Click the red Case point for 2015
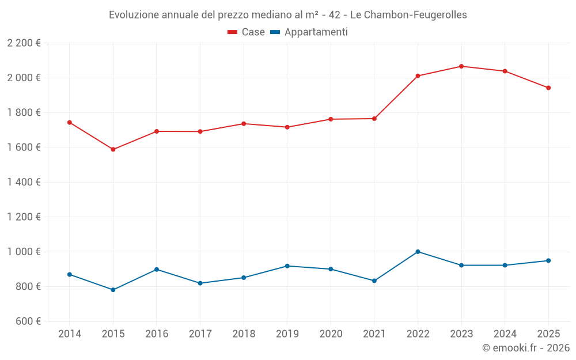(113, 149)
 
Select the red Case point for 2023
(461, 66)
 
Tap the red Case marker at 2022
(418, 76)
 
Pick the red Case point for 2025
(548, 88)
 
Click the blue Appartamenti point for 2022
(418, 252)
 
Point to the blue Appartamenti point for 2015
(113, 290)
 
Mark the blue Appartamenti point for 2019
(287, 266)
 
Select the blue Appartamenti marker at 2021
(374, 281)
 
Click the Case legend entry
(246, 32)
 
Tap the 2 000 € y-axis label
(24, 78)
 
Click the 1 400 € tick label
(24, 182)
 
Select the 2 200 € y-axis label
(24, 43)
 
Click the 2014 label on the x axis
(70, 334)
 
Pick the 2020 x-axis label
(331, 334)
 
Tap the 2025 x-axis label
(548, 334)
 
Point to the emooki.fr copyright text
(526, 348)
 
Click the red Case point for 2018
(244, 124)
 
